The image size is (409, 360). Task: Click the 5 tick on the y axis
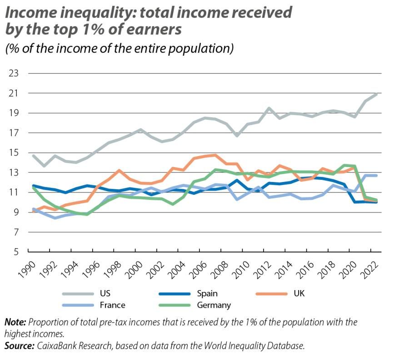[15, 252]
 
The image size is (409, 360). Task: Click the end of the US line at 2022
[377, 94]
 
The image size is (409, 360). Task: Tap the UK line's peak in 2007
[215, 155]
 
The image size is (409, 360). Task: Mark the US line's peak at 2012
[269, 108]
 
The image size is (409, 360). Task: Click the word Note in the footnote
[15, 322]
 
